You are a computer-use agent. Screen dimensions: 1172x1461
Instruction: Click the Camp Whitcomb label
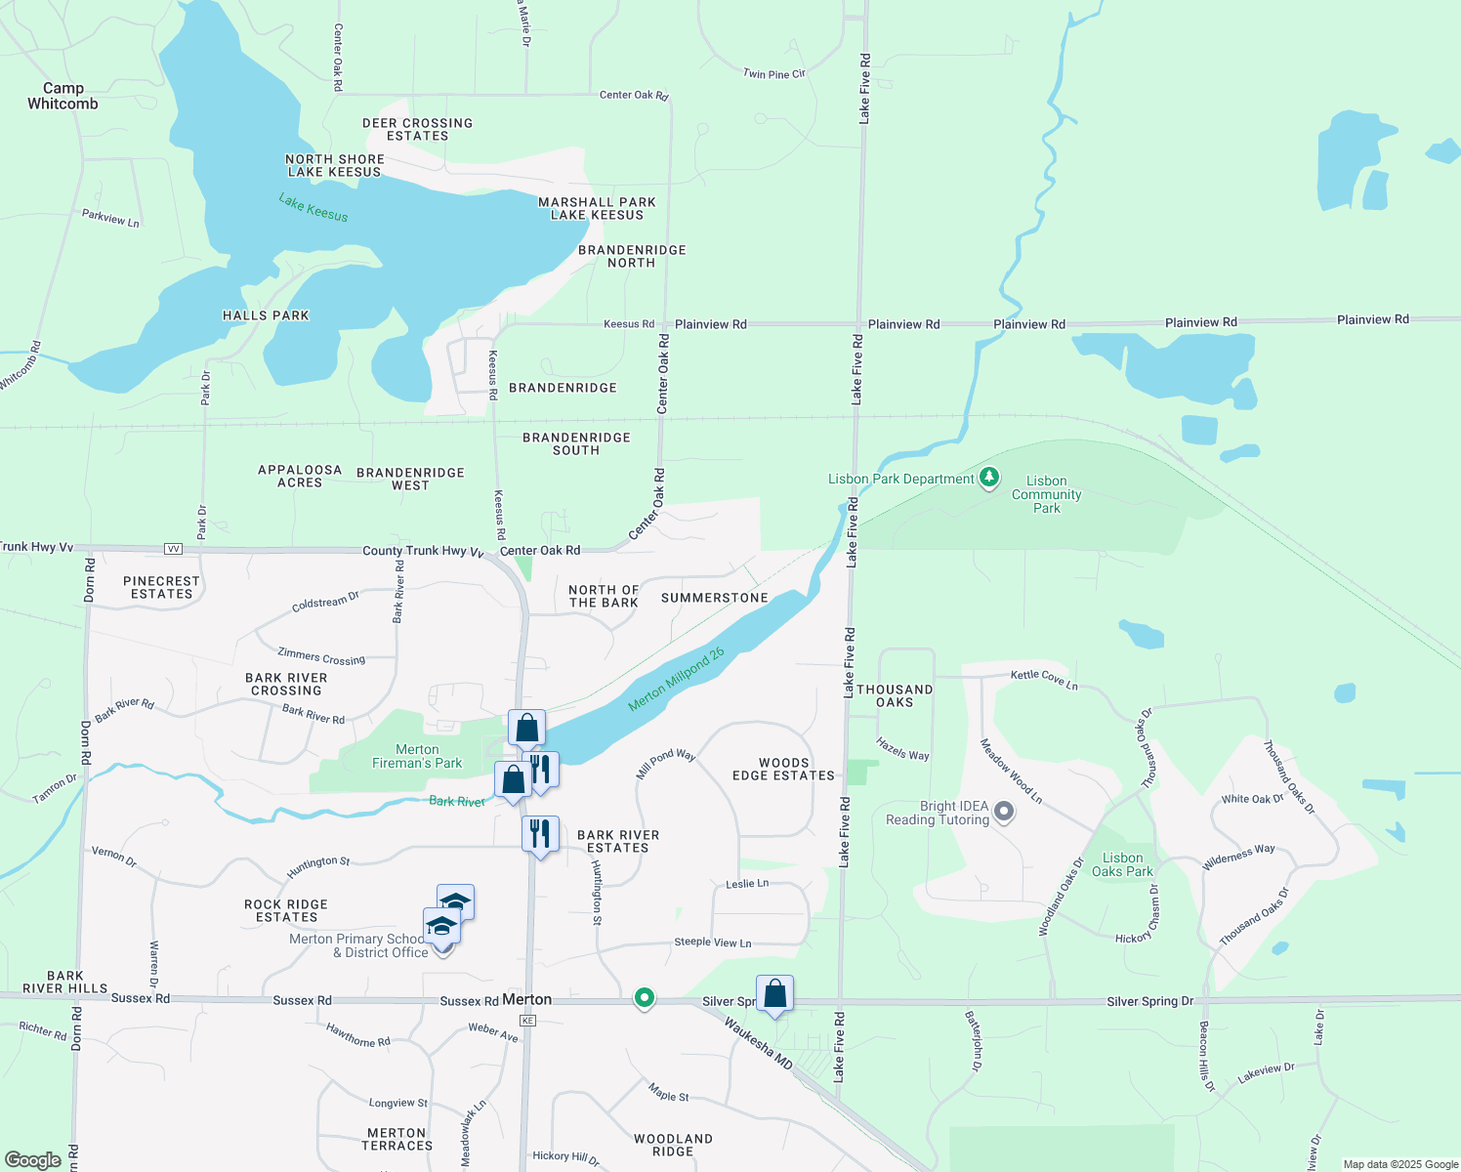click(63, 96)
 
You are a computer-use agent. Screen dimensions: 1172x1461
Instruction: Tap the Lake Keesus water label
click(313, 207)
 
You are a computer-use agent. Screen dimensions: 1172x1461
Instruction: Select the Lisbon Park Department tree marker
click(989, 478)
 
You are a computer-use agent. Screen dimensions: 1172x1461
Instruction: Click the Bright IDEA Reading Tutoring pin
click(1004, 812)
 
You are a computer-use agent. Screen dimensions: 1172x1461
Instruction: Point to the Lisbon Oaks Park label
click(1122, 864)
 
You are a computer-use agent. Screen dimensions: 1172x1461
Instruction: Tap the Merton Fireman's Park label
click(417, 756)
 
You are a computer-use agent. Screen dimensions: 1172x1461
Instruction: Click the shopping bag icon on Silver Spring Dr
click(774, 994)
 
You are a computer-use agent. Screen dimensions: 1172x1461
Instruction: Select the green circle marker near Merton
click(644, 997)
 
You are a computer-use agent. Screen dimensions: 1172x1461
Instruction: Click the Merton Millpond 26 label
click(676, 679)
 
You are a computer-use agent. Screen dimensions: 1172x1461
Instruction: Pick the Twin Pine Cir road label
click(773, 73)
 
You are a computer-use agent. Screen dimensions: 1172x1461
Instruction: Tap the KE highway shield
click(527, 1021)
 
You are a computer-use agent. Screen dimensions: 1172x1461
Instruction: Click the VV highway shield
click(174, 549)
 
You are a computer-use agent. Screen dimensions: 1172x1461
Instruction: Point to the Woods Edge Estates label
click(783, 769)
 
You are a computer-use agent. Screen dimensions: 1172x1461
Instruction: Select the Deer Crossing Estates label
click(417, 129)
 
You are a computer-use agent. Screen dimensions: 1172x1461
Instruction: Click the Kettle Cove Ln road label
click(1043, 678)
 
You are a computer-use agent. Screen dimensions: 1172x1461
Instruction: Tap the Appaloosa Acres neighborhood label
click(300, 476)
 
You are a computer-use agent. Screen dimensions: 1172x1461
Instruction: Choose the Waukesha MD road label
click(758, 1042)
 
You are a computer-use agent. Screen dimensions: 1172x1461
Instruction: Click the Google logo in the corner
click(33, 1160)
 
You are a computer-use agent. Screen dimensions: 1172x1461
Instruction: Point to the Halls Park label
click(266, 315)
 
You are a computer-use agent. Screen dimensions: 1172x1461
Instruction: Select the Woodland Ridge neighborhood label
click(673, 1145)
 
